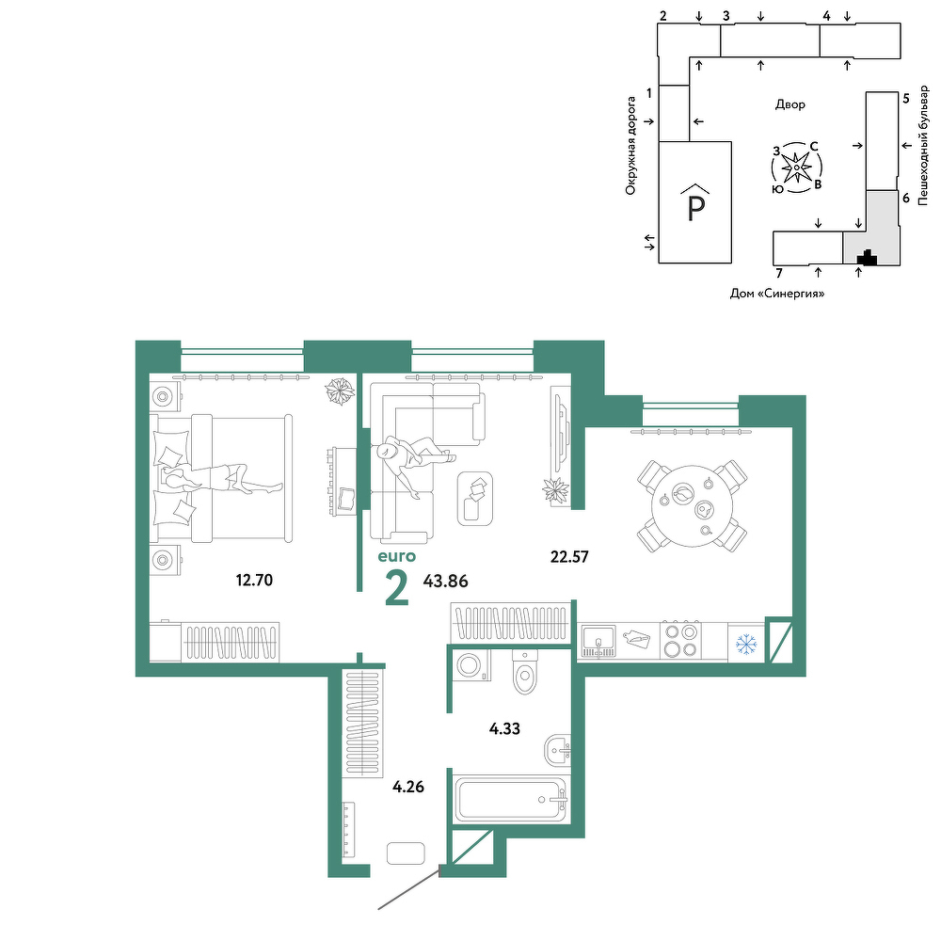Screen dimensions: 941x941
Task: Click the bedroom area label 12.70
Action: click(x=254, y=581)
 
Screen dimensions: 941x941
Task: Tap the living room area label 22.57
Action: click(x=569, y=557)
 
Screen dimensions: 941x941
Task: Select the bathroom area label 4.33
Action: click(x=504, y=729)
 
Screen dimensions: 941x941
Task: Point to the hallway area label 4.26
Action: click(x=408, y=786)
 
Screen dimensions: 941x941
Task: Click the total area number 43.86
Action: click(x=445, y=581)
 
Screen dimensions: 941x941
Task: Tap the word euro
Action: click(x=397, y=556)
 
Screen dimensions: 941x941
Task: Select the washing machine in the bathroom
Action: click(x=471, y=666)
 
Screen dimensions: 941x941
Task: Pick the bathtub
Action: click(x=511, y=800)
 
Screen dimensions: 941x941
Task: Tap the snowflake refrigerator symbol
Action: click(x=746, y=644)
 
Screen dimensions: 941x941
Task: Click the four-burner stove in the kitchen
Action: click(x=680, y=641)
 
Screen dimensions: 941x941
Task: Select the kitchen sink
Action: click(x=598, y=642)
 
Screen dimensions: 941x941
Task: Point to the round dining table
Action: click(x=693, y=506)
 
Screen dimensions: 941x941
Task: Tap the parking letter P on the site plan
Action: click(x=695, y=208)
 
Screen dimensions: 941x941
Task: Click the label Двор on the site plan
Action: click(x=789, y=104)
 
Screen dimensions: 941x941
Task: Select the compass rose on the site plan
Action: click(x=796, y=168)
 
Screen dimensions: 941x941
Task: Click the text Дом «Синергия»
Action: click(x=777, y=294)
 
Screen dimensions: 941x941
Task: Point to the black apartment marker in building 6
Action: click(x=867, y=258)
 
